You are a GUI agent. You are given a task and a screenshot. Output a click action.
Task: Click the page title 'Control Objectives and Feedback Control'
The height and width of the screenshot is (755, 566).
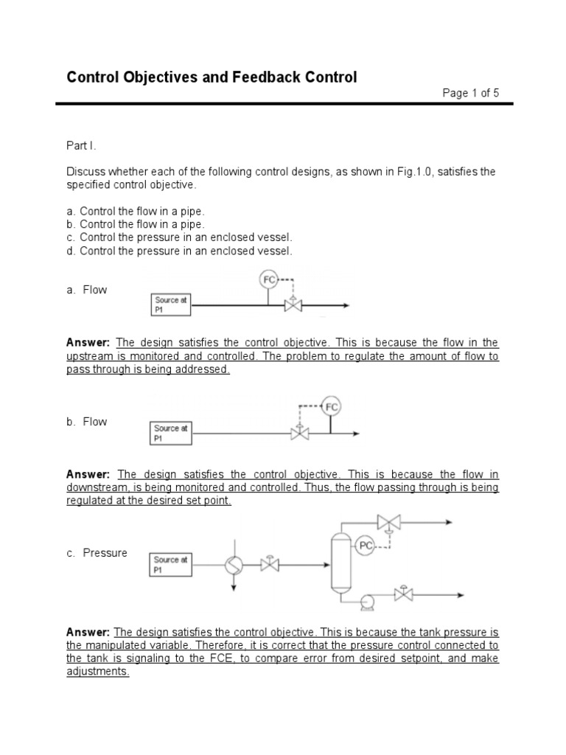[212, 77]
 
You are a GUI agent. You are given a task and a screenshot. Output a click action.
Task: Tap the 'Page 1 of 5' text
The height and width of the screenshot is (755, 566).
[470, 93]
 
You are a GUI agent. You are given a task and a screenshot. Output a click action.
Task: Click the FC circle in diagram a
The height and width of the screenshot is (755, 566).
[269, 279]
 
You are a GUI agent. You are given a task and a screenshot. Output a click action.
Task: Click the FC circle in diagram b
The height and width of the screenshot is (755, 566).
[332, 406]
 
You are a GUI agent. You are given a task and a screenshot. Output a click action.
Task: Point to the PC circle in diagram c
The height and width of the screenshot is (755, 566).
[366, 546]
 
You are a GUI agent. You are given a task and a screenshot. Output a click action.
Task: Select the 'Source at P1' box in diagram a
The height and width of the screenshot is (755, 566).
[170, 305]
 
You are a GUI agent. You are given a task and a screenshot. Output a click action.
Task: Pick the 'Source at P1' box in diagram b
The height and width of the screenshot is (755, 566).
[172, 433]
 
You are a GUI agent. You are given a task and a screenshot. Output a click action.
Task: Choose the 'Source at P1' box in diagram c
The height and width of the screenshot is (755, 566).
[170, 565]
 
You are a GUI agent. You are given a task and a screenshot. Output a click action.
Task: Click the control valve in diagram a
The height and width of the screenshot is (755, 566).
[294, 305]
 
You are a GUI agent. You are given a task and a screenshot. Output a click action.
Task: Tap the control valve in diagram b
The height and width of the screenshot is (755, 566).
[300, 433]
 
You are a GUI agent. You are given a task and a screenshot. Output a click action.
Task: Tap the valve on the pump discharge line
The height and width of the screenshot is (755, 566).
[403, 594]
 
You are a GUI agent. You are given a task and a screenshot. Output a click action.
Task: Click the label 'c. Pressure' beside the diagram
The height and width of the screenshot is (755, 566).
[97, 553]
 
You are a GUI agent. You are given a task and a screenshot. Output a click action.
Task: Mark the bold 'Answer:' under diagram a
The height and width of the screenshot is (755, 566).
[88, 343]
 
